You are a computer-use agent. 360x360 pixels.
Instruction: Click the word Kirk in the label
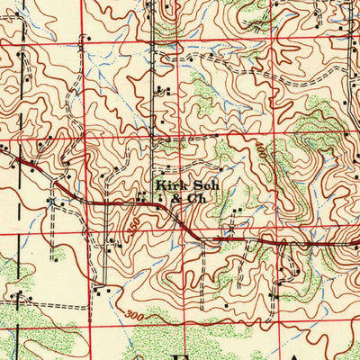[169, 187]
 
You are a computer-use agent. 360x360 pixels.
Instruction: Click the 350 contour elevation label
[132, 223]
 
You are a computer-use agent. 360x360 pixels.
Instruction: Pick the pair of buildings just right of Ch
[236, 212]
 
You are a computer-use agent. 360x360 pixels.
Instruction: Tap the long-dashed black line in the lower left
[36, 306]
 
